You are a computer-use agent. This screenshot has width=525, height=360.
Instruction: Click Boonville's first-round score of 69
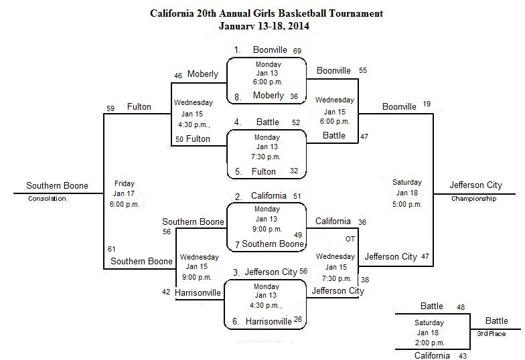297,51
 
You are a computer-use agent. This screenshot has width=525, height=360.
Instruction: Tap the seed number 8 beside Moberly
237,98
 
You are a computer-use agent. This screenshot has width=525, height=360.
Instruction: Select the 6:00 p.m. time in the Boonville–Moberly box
268,82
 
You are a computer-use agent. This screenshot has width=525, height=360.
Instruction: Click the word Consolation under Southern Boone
47,198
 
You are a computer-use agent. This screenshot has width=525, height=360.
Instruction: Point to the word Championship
474,198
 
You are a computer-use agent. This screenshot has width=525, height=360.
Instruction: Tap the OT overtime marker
350,239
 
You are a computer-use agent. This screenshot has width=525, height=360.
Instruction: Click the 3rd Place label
492,333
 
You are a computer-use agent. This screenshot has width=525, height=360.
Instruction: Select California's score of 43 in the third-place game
463,356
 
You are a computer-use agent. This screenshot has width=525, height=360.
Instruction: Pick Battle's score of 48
461,307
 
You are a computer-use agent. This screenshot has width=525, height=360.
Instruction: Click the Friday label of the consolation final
125,183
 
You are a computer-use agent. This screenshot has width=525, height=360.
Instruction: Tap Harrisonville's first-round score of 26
298,319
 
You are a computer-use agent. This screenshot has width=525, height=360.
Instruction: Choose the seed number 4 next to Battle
237,122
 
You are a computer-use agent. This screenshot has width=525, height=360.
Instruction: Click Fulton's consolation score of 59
110,108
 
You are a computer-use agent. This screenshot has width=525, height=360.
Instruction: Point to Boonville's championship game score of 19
427,104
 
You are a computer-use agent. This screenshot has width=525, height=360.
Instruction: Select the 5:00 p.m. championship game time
407,205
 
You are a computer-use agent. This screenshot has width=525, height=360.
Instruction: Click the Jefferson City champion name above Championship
475,185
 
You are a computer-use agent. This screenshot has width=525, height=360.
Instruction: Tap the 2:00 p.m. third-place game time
429,343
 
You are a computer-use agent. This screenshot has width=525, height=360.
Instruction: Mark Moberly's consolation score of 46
178,76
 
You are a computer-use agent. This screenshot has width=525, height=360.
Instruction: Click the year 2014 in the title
299,26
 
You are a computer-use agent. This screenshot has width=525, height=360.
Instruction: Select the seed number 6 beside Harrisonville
236,321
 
